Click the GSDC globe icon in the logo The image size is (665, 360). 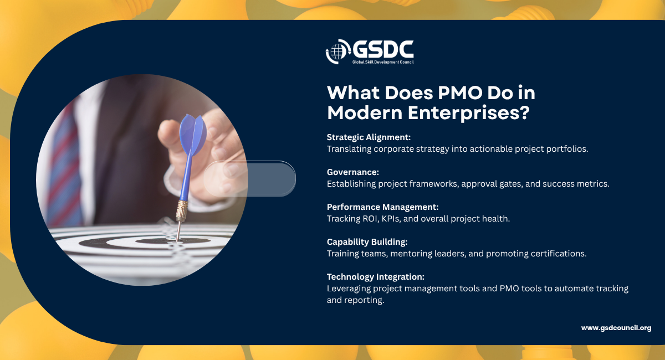pos(338,52)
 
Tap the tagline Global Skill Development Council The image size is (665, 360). pos(383,62)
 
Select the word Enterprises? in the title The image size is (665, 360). pos(468,113)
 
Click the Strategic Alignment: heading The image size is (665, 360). pos(369,137)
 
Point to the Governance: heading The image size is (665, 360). pos(353,172)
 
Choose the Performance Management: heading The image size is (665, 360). pos(383,207)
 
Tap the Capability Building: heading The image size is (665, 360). pos(367,242)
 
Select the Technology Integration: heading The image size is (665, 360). pos(376,276)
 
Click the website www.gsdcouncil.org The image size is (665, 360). pos(616,328)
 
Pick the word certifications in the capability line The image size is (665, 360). pos(559,254)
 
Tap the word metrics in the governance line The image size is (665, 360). pos(593,184)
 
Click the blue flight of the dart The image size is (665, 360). pos(193,135)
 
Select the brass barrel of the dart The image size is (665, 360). pos(181,210)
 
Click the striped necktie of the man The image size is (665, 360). pos(64,166)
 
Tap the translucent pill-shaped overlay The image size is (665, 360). pos(249,179)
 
